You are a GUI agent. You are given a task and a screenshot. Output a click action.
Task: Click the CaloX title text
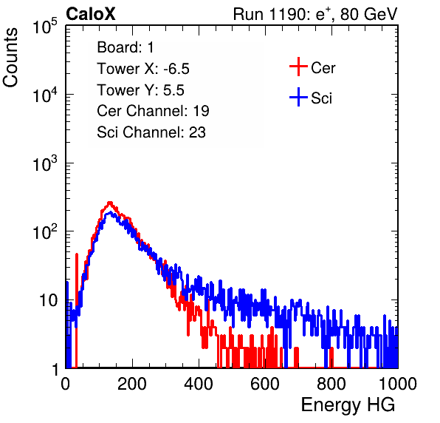[91, 14]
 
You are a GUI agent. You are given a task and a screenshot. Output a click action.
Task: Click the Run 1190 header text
[315, 14]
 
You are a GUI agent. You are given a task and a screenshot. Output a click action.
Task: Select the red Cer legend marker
[298, 67]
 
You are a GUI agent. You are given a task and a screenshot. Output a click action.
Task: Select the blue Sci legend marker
[298, 97]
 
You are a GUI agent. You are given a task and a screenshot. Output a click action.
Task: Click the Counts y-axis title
[10, 58]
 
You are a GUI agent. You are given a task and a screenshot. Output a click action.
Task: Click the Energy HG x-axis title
[348, 405]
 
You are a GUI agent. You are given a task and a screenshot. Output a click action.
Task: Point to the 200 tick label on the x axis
[132, 384]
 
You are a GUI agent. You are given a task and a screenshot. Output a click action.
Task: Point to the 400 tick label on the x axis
[199, 384]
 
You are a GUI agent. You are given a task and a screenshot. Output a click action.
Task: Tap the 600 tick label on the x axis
[265, 384]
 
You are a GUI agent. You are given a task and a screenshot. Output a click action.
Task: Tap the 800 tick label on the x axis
[331, 384]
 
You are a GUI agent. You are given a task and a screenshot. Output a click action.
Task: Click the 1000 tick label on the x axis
[398, 384]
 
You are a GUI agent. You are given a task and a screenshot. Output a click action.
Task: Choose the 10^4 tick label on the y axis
[45, 95]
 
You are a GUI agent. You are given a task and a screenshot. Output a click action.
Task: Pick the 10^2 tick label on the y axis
[45, 231]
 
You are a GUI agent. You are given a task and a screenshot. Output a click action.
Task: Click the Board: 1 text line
[126, 47]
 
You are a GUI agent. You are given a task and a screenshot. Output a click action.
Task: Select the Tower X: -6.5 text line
[143, 69]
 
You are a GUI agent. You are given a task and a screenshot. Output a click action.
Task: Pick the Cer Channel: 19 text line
[153, 111]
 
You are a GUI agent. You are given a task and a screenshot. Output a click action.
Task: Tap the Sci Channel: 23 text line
[151, 132]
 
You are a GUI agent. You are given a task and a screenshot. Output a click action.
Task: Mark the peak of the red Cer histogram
[110, 203]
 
